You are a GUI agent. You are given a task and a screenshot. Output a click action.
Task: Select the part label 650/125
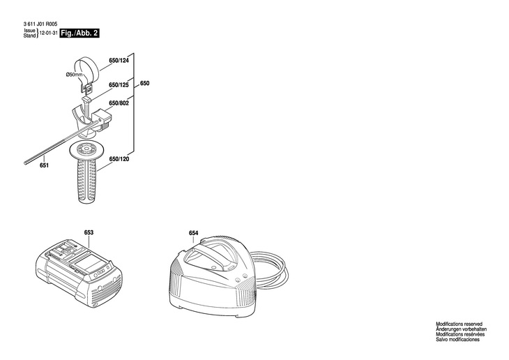(x=119, y=85)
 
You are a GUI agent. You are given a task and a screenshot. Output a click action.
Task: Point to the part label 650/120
(x=119, y=159)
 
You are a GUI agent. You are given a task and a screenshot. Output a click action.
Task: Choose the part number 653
(x=89, y=232)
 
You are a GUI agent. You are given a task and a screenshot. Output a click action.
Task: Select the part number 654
(x=193, y=233)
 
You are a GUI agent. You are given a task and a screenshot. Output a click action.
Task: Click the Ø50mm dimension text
(x=74, y=75)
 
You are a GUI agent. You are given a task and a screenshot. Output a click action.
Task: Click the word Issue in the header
(x=29, y=31)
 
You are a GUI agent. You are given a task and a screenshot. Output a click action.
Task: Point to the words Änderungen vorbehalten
(x=461, y=329)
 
